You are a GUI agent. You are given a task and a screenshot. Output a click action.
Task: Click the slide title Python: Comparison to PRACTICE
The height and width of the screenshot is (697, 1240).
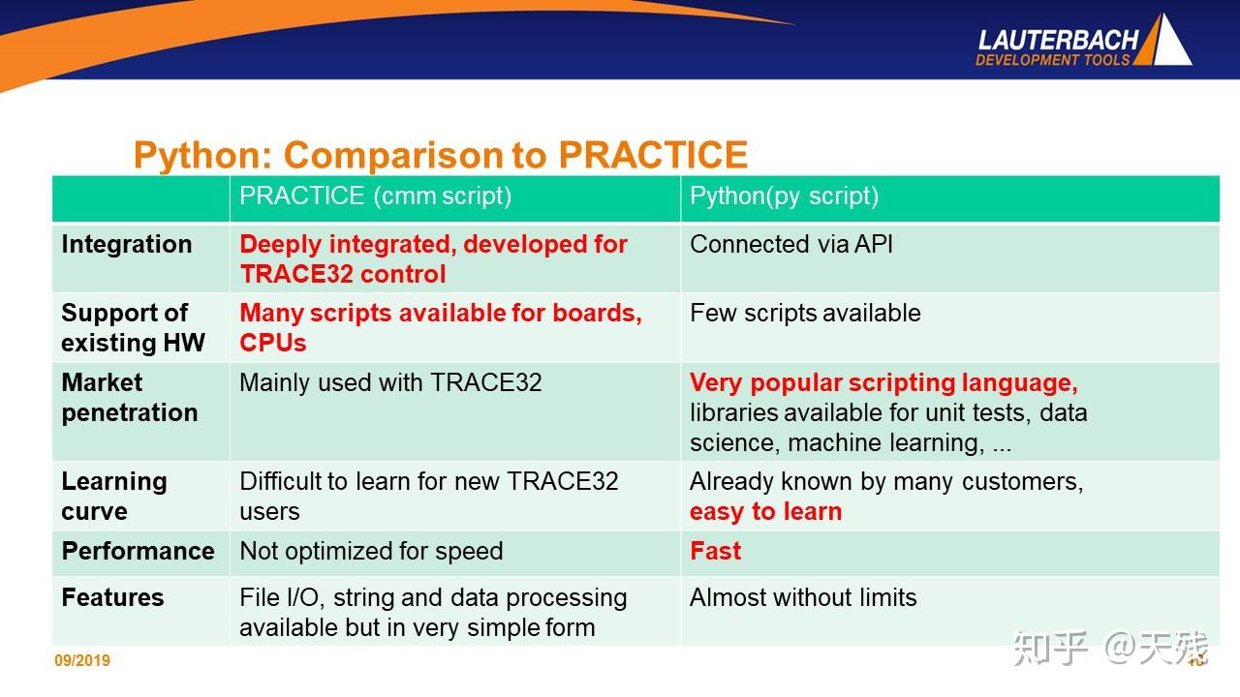tap(440, 155)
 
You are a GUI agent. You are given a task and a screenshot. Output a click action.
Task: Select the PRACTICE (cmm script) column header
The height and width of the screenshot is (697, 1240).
tap(375, 197)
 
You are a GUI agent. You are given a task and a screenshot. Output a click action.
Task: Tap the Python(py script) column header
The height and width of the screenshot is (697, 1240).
tap(784, 197)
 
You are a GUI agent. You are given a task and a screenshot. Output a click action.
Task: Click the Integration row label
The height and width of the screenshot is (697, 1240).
tap(126, 245)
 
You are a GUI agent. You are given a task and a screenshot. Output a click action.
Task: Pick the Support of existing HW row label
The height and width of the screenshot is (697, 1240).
tap(133, 328)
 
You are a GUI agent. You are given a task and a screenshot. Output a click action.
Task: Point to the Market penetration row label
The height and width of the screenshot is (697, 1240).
tap(129, 398)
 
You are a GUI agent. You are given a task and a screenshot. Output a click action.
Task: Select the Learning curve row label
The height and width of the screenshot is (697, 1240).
tap(113, 496)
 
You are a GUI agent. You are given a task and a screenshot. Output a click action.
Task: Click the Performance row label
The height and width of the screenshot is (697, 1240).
tap(138, 551)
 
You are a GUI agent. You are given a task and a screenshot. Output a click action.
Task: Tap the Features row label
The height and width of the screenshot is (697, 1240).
tap(112, 598)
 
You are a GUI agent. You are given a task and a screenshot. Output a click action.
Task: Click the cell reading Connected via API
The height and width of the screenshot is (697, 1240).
tap(790, 245)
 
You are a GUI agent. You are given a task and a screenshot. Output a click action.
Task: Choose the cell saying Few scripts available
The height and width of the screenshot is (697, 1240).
tap(804, 314)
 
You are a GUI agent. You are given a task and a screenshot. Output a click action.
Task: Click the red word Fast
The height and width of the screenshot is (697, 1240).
tap(715, 551)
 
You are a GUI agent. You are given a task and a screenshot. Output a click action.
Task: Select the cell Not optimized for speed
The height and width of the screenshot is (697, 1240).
tap(371, 551)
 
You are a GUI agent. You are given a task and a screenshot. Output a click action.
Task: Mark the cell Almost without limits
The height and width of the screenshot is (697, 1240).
tap(802, 598)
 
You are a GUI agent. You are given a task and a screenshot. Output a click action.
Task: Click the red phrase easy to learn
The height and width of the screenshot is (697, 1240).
tap(765, 512)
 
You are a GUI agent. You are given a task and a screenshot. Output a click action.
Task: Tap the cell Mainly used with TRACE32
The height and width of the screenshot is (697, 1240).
tap(390, 382)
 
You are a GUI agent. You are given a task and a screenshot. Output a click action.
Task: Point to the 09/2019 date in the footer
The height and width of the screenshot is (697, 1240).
tap(82, 661)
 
